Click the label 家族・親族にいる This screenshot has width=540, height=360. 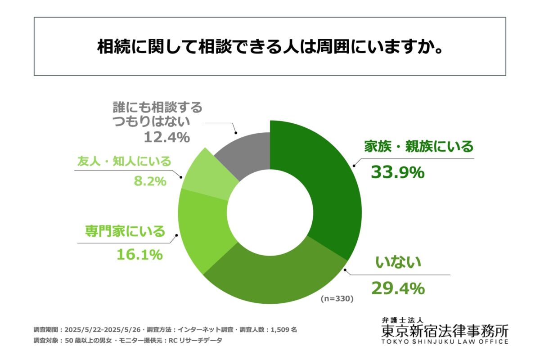tap(418, 147)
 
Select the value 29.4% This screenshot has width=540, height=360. tap(397, 288)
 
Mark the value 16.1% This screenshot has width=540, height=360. tap(139, 255)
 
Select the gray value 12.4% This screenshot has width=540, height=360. tap(166, 137)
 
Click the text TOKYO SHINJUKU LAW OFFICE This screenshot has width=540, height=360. tap(444, 342)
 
